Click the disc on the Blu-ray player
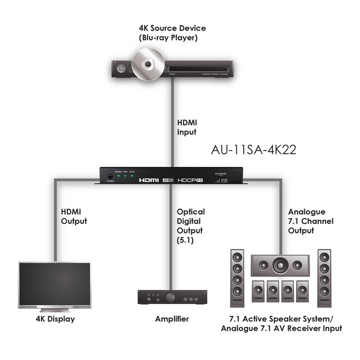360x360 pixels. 147,65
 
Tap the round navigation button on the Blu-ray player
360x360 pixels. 120,69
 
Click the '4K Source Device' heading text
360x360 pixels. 172,28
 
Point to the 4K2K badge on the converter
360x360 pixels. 169,180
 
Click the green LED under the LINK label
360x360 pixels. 126,176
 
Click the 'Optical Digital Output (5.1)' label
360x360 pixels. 190,226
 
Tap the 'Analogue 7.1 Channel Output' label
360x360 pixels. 311,221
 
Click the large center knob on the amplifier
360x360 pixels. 170,297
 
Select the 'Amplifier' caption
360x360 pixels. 172,319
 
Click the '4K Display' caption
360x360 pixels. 55,319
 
